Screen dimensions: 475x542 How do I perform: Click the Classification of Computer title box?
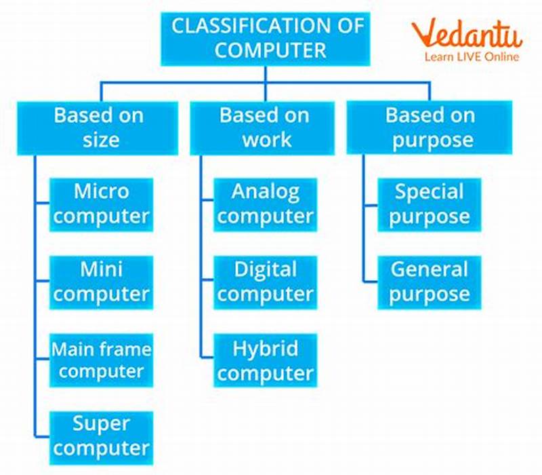(265, 38)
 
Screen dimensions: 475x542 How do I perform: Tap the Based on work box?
(265, 127)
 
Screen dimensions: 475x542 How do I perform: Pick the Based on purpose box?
(430, 127)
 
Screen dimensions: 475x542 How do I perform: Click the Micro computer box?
(101, 204)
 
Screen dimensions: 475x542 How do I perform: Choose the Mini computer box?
(101, 282)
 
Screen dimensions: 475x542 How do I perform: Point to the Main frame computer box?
(101, 360)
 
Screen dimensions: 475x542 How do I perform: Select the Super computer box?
(101, 436)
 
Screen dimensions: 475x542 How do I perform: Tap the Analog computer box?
(265, 204)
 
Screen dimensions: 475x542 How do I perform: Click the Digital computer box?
(265, 282)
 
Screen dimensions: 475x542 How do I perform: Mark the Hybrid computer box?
(265, 360)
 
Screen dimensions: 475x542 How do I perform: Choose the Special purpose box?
(430, 204)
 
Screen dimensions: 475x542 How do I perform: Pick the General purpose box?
(430, 282)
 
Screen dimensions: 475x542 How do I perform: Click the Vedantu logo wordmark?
(467, 34)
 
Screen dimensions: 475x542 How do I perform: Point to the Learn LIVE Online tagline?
(472, 57)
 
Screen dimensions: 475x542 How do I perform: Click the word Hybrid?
(265, 349)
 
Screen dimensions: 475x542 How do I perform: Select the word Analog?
(265, 192)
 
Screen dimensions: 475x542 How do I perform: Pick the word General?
(430, 270)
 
